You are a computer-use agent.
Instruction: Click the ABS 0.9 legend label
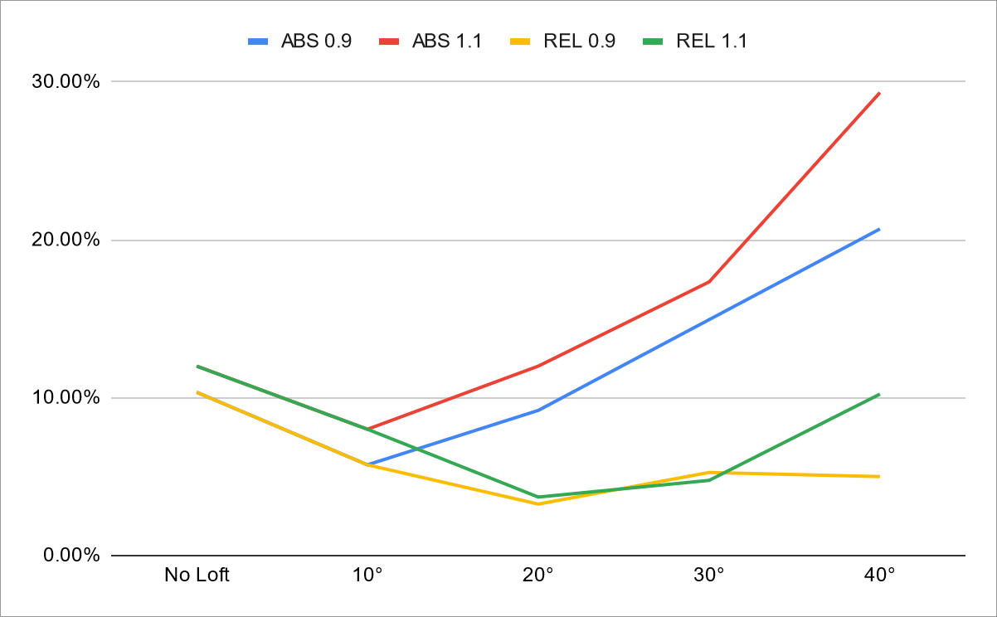tap(316, 41)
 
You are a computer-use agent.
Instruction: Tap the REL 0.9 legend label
tap(580, 41)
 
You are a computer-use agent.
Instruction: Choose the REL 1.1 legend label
tap(712, 41)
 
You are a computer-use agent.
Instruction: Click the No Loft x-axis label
tap(197, 575)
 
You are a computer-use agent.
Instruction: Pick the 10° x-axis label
tap(367, 575)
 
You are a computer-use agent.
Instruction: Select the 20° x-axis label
tap(538, 575)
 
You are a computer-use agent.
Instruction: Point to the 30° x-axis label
tap(709, 575)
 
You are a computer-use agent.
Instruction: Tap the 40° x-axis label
tap(879, 575)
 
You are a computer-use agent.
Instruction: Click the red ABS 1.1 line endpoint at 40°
tap(879, 93)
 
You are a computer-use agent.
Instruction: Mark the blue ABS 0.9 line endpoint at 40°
tap(879, 229)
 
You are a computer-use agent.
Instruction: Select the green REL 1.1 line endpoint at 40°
tap(879, 394)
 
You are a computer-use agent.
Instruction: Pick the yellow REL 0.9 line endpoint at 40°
tap(879, 476)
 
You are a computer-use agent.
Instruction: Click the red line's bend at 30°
tap(709, 282)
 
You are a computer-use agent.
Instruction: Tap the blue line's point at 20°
tap(538, 410)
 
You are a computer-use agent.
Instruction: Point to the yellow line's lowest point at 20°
tap(538, 503)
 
